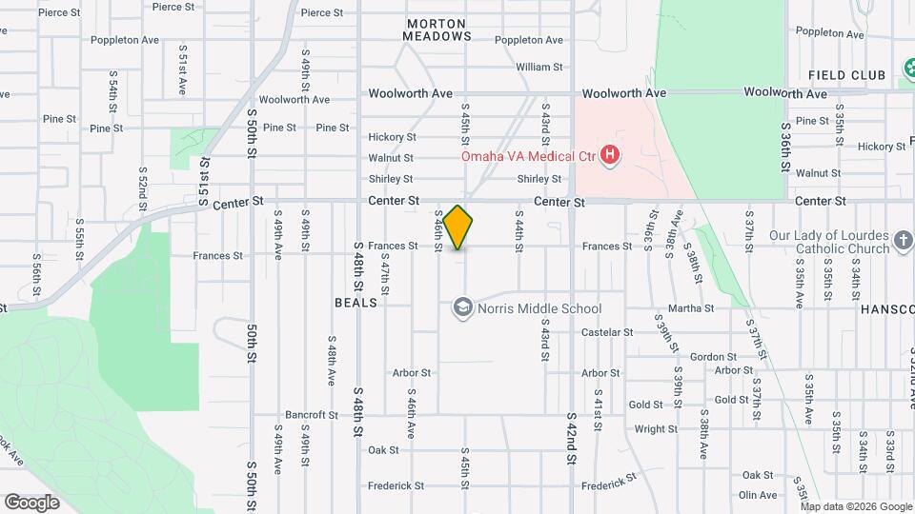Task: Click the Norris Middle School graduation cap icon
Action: [x=462, y=307]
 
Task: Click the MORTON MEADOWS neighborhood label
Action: [x=437, y=30]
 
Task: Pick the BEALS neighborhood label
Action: [x=356, y=303]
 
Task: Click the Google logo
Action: [x=31, y=502]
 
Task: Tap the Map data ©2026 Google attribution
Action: [x=855, y=506]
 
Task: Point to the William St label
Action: [x=539, y=68]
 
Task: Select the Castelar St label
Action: [x=607, y=332]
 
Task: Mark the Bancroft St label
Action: [x=312, y=415]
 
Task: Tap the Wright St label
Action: [x=656, y=429]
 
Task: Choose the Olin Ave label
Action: [x=758, y=495]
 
